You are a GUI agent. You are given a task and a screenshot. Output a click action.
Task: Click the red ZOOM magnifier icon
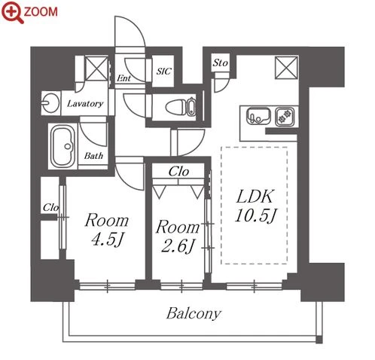coord(13,12)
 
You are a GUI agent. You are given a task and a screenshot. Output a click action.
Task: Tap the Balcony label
coord(194,314)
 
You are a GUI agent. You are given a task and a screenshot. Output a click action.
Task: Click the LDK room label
coord(255,197)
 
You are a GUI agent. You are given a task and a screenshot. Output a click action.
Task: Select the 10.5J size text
coord(255,215)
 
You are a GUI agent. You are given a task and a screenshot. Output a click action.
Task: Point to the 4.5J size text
coord(107,239)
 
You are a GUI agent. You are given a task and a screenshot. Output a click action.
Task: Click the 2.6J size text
coord(178,246)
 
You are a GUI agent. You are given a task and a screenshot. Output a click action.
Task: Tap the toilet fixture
coord(180,108)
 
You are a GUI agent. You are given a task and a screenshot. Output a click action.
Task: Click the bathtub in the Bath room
coord(63,146)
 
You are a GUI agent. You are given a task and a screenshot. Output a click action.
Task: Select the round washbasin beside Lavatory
coord(50,103)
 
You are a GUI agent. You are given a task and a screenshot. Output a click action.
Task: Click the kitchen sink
coord(258,116)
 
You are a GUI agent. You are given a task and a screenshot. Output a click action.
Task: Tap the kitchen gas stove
coord(285,116)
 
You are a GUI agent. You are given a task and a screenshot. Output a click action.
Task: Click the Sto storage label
coord(220,63)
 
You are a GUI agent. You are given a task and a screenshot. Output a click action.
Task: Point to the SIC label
coord(163,72)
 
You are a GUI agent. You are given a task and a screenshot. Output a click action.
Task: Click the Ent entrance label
coord(123,78)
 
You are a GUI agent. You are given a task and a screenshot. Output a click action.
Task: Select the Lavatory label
coord(85,104)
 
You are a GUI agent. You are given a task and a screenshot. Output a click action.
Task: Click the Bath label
coord(93,156)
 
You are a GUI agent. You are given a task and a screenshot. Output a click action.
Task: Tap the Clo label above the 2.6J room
coord(178,172)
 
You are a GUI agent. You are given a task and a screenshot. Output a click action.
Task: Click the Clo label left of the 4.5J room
coord(50,207)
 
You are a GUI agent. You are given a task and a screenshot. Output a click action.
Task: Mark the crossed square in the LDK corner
coord(286,68)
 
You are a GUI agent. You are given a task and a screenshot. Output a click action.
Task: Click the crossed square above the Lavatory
coord(96,69)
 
